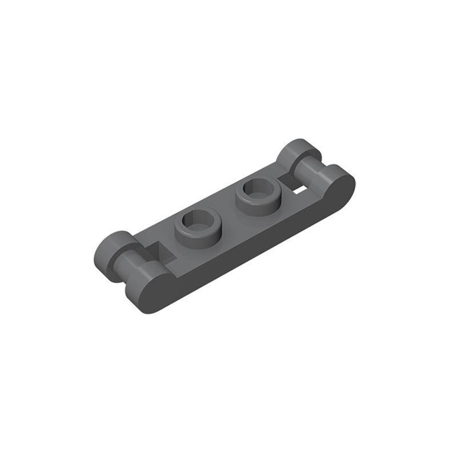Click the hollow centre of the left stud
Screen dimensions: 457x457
tap(198, 221)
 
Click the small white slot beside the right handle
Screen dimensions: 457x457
tap(299, 187)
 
